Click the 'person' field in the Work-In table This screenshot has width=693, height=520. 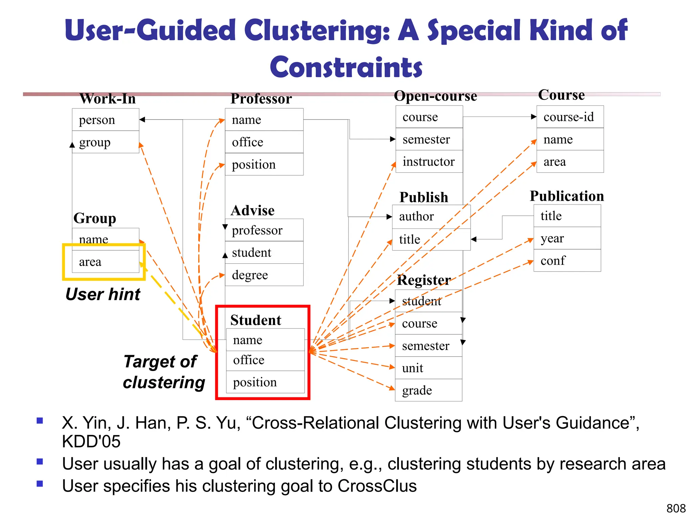click(x=105, y=120)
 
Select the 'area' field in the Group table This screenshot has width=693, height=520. click(x=105, y=262)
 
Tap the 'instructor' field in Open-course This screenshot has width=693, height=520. click(x=429, y=162)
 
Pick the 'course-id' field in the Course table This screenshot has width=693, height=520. click(x=570, y=117)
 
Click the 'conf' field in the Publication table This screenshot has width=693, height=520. click(x=567, y=261)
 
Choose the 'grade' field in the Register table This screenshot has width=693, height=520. click(x=428, y=390)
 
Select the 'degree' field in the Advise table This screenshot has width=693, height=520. click(x=264, y=275)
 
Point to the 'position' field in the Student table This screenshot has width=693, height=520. click(x=265, y=382)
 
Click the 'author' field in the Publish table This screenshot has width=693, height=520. click(x=431, y=216)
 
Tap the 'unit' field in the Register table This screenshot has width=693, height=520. click(x=428, y=368)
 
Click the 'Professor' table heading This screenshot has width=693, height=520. click(x=261, y=99)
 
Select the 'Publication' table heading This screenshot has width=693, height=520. click(x=567, y=196)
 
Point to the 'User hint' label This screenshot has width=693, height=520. click(x=103, y=294)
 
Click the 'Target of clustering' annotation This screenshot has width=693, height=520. click(x=163, y=372)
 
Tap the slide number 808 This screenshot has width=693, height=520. click(x=676, y=508)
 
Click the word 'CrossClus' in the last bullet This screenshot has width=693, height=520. click(x=377, y=486)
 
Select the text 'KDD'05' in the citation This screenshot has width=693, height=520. click(x=91, y=441)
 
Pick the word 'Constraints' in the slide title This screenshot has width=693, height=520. click(x=346, y=67)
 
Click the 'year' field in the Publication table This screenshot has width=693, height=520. click(x=567, y=238)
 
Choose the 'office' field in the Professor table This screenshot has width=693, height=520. click(x=264, y=142)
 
